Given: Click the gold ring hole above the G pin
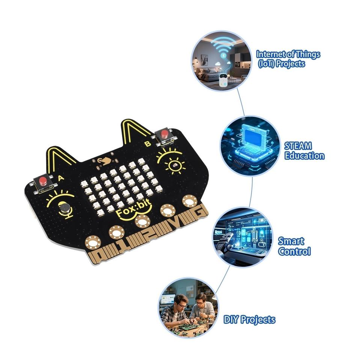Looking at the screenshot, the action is pos(190,202).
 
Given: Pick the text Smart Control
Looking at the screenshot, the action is pos(294,246).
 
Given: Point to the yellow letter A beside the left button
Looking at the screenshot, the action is pos(60,178).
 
